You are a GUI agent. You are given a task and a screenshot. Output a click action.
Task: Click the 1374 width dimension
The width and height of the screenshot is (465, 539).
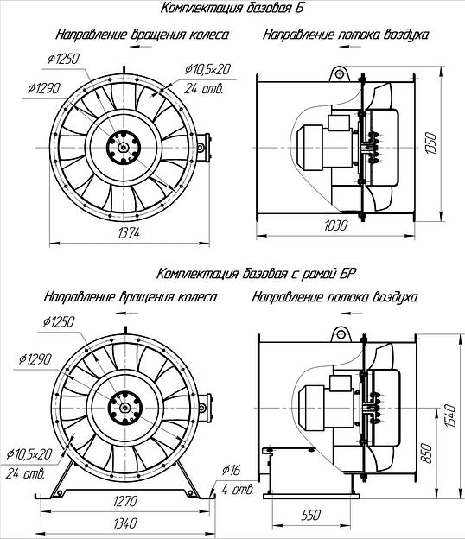129,233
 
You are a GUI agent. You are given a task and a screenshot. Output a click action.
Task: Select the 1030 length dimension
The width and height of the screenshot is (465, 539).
336,225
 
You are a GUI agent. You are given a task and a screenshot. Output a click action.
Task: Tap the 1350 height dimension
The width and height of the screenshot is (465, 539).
431,143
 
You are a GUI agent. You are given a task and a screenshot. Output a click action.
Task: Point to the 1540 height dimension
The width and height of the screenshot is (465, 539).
449,416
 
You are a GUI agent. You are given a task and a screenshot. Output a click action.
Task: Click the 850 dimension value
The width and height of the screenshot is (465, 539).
426,453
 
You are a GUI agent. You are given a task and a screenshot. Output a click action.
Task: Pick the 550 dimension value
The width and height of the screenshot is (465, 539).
311,515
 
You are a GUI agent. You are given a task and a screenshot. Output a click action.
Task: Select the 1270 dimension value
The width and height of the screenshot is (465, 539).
125,501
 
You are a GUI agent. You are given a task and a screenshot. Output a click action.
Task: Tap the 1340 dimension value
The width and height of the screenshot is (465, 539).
125,523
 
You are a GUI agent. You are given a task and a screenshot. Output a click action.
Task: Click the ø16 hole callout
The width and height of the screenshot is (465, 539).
231,470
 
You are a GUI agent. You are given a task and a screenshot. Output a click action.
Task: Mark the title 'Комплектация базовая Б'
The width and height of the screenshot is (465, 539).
232,8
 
